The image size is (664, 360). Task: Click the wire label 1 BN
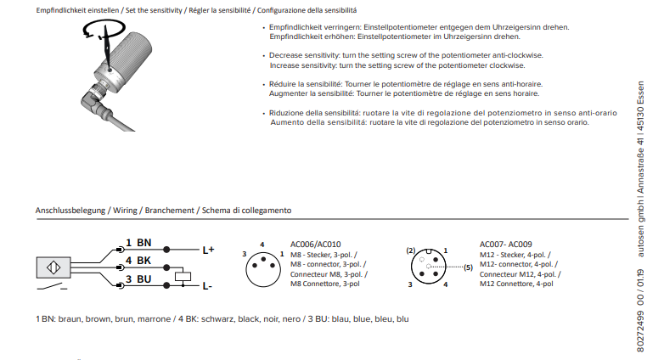(x=138, y=243)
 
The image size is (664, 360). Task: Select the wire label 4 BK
(x=138, y=260)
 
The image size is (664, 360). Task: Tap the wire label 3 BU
(x=138, y=278)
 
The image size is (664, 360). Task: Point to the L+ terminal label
(x=209, y=250)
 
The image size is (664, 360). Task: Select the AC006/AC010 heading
(x=315, y=244)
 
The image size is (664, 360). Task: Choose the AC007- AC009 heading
(x=506, y=244)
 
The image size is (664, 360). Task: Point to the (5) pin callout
(x=467, y=267)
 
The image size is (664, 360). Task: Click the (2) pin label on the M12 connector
(x=411, y=250)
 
